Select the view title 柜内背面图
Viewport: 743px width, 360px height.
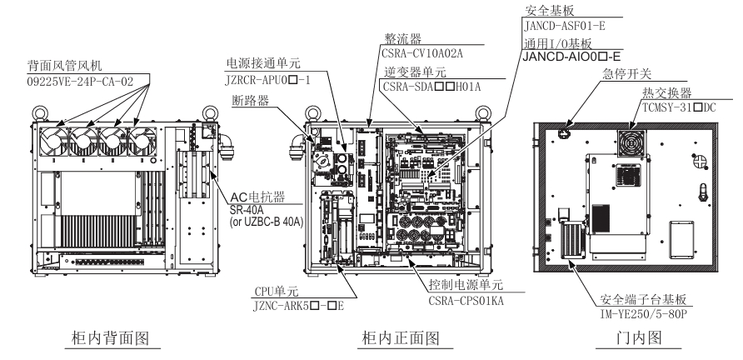pyautogui.click(x=107, y=341)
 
